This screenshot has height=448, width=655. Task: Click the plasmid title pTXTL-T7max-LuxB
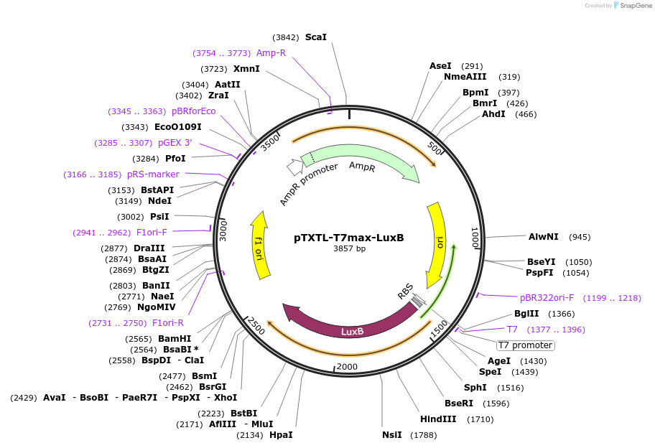click(349, 238)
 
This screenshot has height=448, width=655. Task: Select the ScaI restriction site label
click(315, 37)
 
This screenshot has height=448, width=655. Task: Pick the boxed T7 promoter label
click(525, 345)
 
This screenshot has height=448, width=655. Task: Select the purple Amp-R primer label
click(271, 53)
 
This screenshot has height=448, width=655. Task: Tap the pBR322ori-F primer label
click(547, 297)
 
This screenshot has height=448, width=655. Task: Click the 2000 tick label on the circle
click(348, 367)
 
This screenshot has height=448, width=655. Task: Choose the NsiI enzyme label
click(393, 434)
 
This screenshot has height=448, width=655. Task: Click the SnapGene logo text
click(631, 6)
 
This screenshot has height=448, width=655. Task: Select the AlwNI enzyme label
click(543, 236)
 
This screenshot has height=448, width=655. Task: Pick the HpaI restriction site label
click(281, 434)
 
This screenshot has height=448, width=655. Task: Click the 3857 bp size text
click(349, 249)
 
